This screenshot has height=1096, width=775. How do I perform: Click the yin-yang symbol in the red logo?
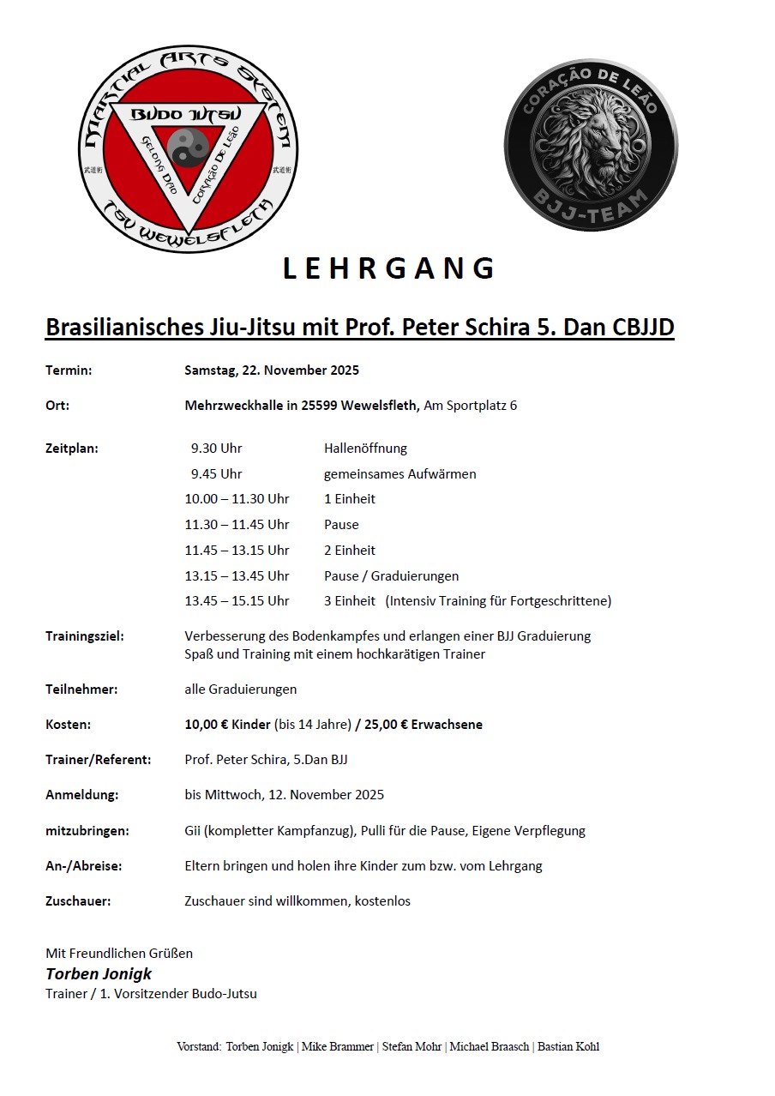pyautogui.click(x=188, y=148)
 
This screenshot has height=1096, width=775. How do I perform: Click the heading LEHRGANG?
pyautogui.click(x=388, y=268)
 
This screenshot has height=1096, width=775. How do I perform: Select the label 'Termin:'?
pyautogui.click(x=69, y=370)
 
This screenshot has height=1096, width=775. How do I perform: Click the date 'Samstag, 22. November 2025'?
pyautogui.click(x=272, y=370)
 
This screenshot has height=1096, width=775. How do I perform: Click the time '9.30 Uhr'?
pyautogui.click(x=217, y=448)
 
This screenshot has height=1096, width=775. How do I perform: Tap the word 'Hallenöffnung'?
pyautogui.click(x=365, y=448)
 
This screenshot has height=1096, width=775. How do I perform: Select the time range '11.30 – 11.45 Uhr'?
pyautogui.click(x=237, y=524)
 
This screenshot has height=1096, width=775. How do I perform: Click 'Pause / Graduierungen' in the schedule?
pyautogui.click(x=391, y=575)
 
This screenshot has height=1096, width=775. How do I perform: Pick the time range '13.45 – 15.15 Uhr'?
pyautogui.click(x=237, y=601)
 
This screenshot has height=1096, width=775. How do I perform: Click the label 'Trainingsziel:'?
pyautogui.click(x=85, y=636)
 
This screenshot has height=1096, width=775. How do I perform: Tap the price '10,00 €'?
pyautogui.click(x=206, y=724)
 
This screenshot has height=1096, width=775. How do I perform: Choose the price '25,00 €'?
pyautogui.click(x=386, y=724)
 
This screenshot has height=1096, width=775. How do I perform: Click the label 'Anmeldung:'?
pyautogui.click(x=82, y=794)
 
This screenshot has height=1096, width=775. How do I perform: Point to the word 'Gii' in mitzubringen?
pyautogui.click(x=194, y=830)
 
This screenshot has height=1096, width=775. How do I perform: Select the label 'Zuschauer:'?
pyautogui.click(x=78, y=900)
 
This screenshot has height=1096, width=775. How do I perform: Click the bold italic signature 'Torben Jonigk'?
pyautogui.click(x=99, y=973)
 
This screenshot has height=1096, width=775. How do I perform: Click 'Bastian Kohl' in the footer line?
pyautogui.click(x=568, y=1046)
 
